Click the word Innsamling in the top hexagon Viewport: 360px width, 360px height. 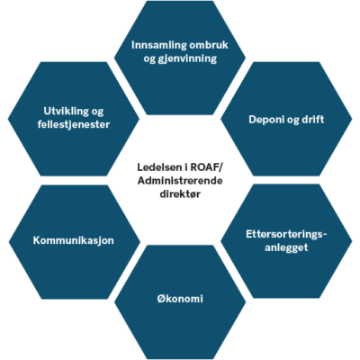155,46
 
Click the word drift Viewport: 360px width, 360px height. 313,119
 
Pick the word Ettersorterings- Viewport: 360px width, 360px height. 286,234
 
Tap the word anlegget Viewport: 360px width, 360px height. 286,247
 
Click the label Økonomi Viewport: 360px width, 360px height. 180,299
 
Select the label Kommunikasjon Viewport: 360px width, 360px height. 74,240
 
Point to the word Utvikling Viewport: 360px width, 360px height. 66,112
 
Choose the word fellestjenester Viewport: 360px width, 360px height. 74,124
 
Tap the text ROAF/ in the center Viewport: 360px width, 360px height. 206,167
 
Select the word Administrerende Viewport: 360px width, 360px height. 180,181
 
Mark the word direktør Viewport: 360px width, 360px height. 180,194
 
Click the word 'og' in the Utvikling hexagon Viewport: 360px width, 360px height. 97,112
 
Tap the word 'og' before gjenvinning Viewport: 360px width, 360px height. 149,59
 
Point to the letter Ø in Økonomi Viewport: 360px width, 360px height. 162,299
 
